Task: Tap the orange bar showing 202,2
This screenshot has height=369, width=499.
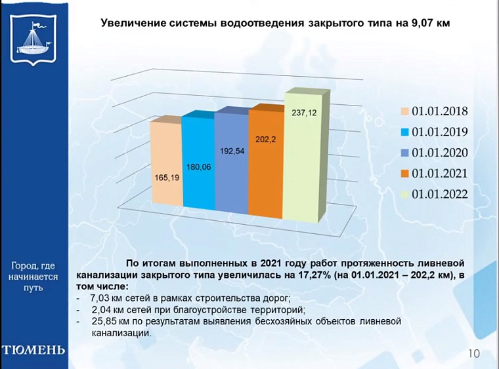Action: point(265,164)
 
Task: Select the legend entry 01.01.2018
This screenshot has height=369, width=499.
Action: point(434,111)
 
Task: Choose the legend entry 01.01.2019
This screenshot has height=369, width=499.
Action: point(434,132)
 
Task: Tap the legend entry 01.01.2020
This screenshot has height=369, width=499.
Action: point(434,153)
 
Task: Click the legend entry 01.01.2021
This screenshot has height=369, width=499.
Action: point(434,173)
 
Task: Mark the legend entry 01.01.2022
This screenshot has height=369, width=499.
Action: point(434,194)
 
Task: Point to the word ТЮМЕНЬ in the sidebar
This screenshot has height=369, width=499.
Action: point(33,349)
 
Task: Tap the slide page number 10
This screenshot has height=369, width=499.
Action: point(473,354)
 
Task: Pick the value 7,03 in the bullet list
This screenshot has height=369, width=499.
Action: point(100,298)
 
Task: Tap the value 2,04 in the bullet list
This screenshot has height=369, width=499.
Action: point(100,310)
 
